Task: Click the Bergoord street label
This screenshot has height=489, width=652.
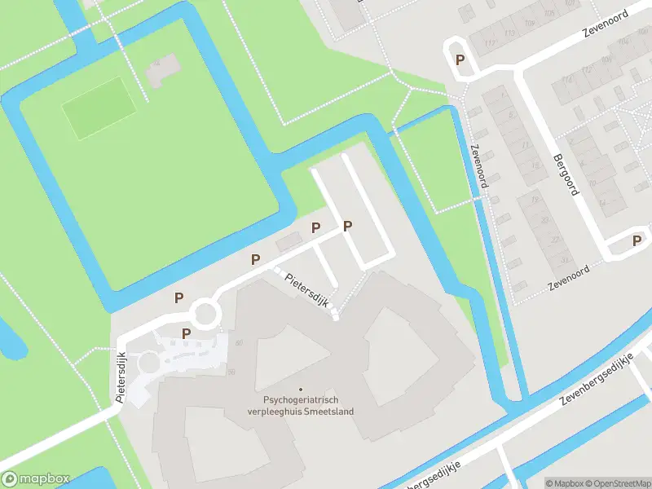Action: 565,175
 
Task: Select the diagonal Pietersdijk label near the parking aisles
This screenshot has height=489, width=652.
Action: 306,289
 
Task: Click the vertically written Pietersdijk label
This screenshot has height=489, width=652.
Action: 121,377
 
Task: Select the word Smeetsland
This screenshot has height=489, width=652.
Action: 332,412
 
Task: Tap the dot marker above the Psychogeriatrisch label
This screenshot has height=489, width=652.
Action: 301,389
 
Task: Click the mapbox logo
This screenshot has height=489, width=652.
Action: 36,479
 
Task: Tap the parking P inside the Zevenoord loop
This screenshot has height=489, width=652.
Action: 460,59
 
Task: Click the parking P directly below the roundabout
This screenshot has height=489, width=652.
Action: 186,333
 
